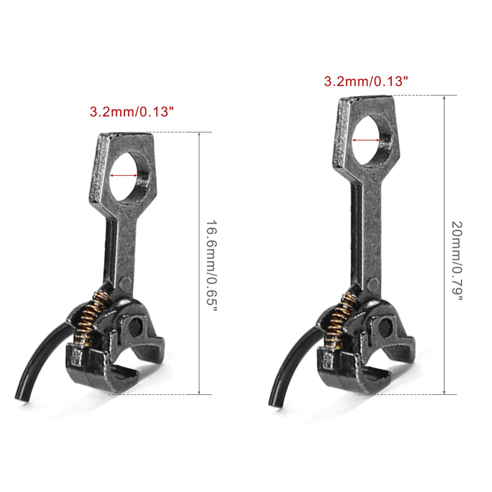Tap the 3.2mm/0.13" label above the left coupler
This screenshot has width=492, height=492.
coord(129,112)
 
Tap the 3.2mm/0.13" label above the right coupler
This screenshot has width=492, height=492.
coord(366,81)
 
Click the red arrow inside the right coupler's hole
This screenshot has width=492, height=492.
coord(366,140)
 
